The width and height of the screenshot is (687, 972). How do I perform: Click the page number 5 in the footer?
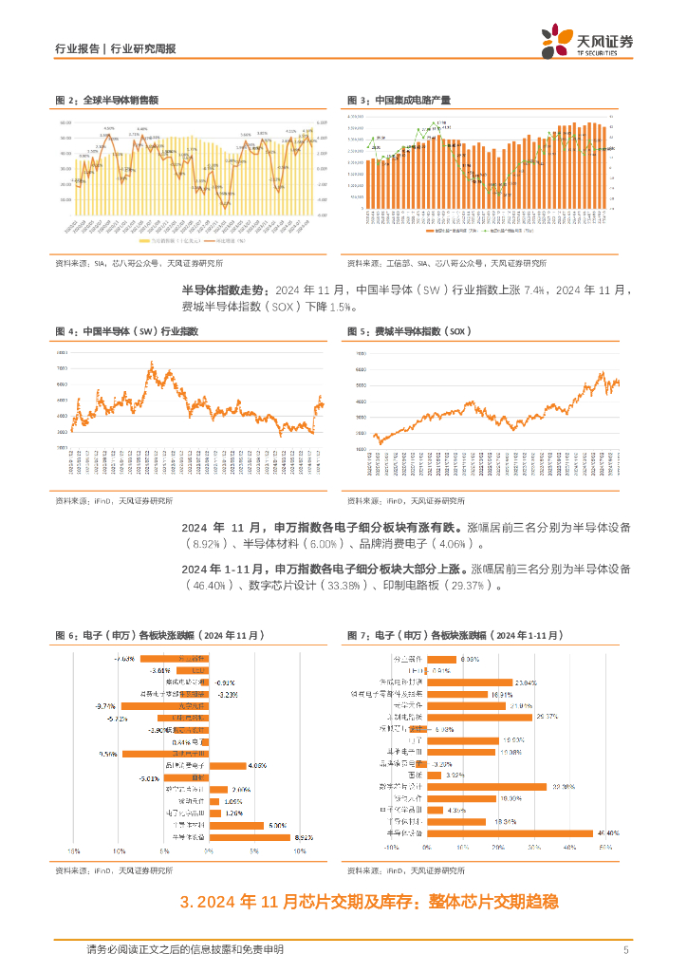click(x=625, y=949)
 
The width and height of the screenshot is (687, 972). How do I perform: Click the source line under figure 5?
click(x=407, y=500)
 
